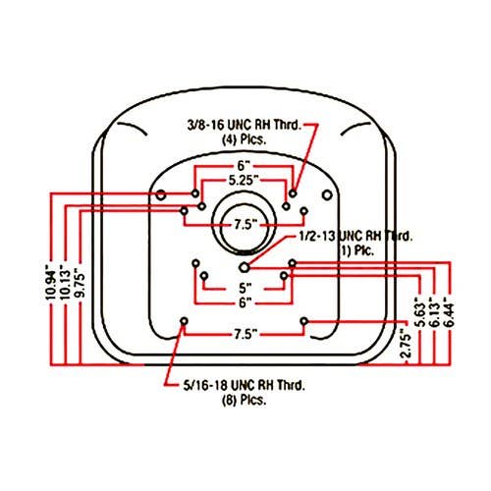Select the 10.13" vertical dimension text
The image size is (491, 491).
(66, 284)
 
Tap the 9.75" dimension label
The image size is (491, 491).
(80, 283)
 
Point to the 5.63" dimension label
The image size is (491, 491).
(420, 312)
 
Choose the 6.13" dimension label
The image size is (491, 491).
(434, 312)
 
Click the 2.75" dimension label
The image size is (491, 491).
(406, 346)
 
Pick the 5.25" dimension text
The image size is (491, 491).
(244, 181)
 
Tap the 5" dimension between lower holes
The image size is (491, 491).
(245, 289)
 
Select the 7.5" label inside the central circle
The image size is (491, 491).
(245, 225)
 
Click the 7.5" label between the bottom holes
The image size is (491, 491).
(245, 334)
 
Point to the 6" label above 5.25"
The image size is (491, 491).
(243, 166)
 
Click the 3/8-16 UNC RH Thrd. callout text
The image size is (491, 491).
(245, 125)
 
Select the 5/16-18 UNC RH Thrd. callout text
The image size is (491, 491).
(245, 385)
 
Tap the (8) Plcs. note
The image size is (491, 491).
(245, 400)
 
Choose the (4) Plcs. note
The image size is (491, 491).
(245, 139)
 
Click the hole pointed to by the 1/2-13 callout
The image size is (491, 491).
(245, 267)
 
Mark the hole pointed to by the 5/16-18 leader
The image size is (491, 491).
(184, 321)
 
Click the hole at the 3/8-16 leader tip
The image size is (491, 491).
(293, 193)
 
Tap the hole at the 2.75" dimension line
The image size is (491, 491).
(304, 321)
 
